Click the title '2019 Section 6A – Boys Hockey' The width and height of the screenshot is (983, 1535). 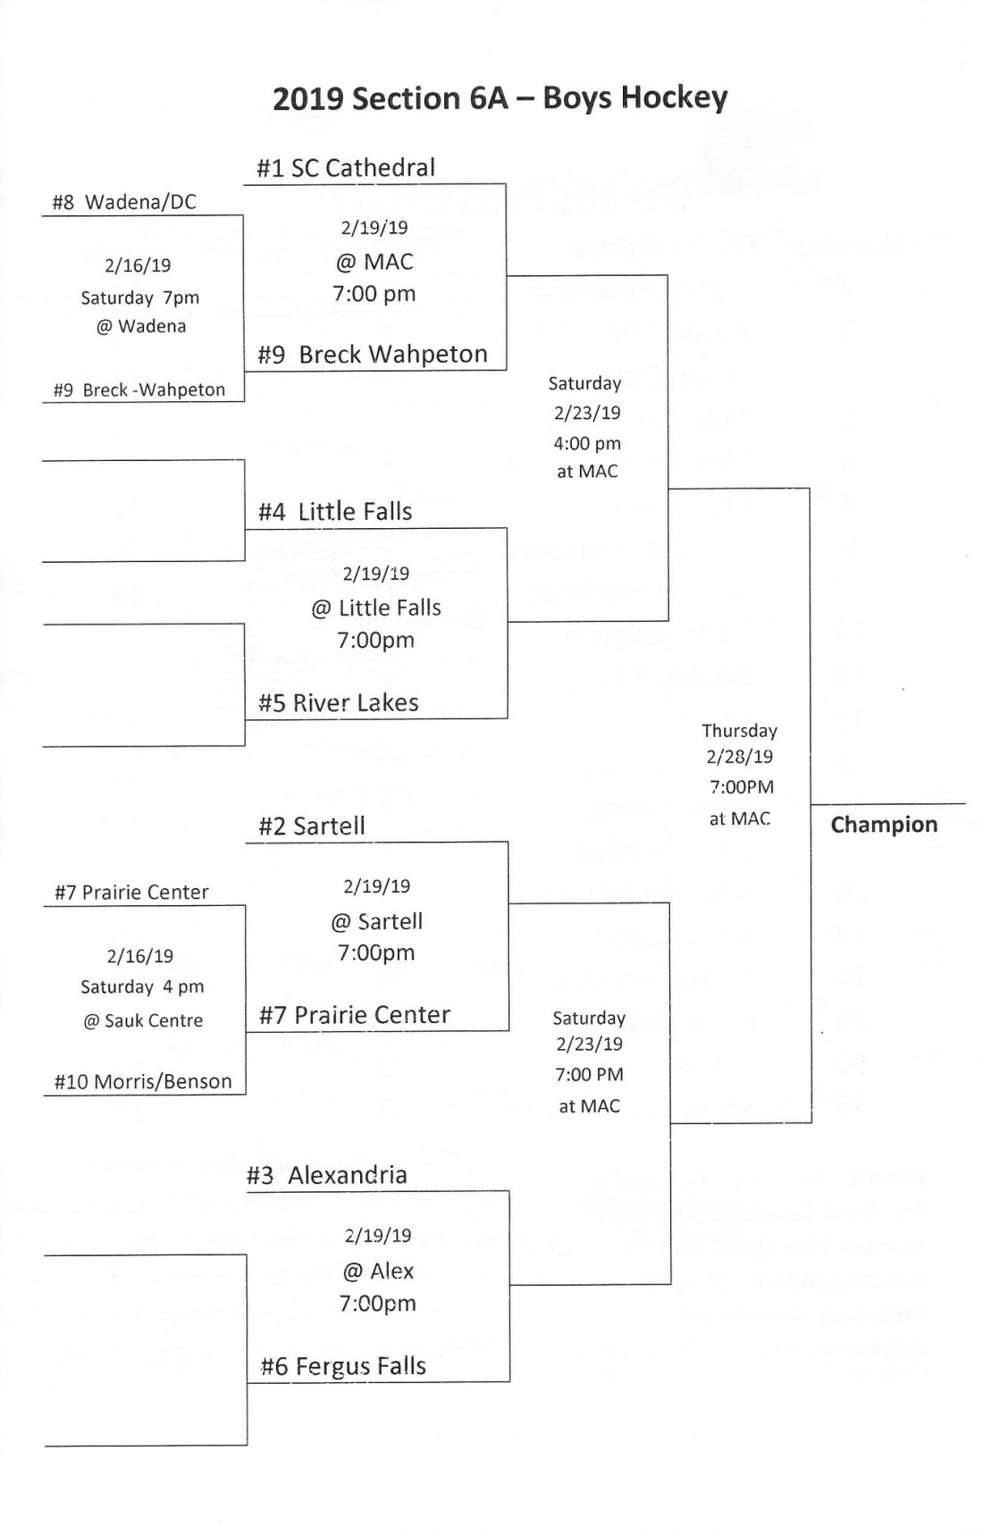(500, 97)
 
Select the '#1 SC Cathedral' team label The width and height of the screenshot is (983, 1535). (346, 168)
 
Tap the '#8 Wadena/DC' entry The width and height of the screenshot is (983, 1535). (123, 202)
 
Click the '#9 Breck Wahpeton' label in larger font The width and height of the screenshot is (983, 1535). (373, 355)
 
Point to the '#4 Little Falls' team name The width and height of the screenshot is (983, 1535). (335, 512)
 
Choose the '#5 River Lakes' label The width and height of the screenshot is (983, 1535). (338, 703)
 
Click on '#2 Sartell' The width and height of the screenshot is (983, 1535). (311, 826)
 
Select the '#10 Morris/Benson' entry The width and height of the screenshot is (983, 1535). (143, 1082)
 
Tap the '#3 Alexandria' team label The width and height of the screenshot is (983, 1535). (326, 1176)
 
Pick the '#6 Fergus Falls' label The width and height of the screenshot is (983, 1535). (343, 1366)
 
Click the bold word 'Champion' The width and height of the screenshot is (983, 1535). (884, 825)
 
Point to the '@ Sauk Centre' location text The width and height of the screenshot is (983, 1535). (143, 1020)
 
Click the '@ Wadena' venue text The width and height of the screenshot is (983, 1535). (141, 326)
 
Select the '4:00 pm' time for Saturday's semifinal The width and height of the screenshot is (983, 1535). (587, 443)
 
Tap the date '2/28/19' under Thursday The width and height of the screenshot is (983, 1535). (739, 757)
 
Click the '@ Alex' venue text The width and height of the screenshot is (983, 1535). (378, 1271)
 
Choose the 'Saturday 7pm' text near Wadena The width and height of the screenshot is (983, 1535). (139, 298)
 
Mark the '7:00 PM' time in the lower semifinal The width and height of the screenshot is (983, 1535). (589, 1075)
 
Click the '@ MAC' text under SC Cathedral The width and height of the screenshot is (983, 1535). (374, 262)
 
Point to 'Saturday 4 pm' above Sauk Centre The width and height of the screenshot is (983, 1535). (142, 987)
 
